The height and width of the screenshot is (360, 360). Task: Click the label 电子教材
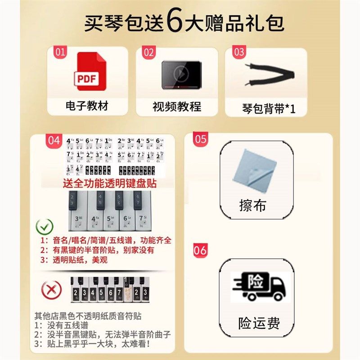[x=87, y=106]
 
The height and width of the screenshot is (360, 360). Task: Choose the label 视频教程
[x=176, y=107]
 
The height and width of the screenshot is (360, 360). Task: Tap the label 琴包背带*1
[x=268, y=108]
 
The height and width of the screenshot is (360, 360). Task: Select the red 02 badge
[x=148, y=52]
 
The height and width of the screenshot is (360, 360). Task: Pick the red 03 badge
[x=239, y=52]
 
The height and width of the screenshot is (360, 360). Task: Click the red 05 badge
[x=200, y=139]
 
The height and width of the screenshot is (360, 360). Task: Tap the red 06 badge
[x=200, y=250]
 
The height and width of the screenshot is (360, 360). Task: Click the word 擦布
[x=252, y=206]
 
